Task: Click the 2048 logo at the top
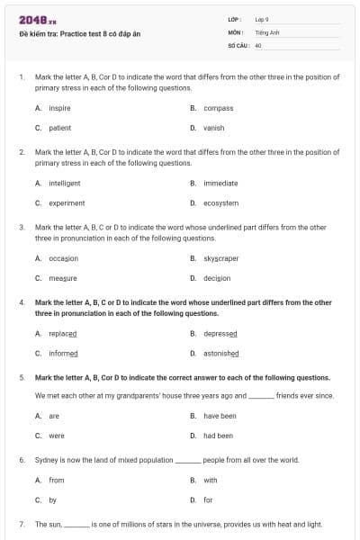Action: click(33, 20)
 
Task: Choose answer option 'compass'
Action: click(218, 108)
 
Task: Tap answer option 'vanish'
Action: click(214, 128)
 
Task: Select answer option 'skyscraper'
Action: click(221, 258)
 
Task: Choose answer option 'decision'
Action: click(217, 278)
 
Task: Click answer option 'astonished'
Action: click(221, 354)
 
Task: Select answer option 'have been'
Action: click(220, 416)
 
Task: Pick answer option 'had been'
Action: click(218, 436)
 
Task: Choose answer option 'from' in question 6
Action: click(56, 480)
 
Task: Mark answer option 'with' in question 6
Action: click(211, 480)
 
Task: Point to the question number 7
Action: click(21, 523)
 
